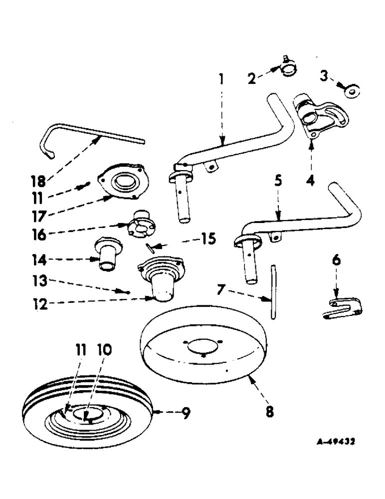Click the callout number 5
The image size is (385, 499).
point(279,180)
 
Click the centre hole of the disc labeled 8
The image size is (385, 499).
point(201,346)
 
